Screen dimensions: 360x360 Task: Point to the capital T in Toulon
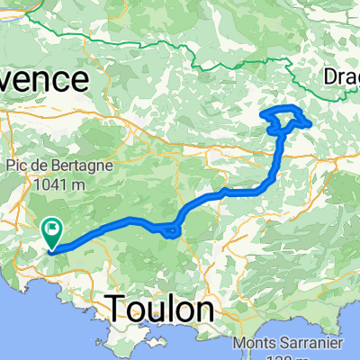(118, 310)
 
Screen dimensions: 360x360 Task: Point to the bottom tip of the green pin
(51, 248)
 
